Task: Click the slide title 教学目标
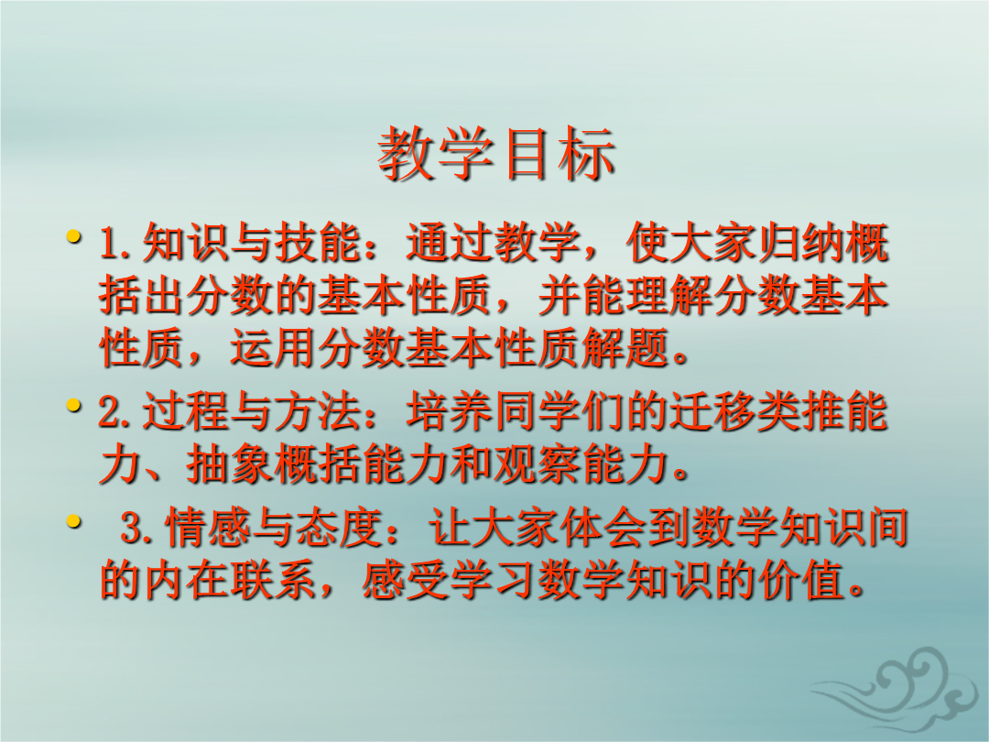pyautogui.click(x=495, y=153)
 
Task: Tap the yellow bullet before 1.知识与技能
pyautogui.click(x=74, y=237)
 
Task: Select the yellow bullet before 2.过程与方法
pyautogui.click(x=74, y=405)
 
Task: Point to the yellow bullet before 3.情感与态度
pyautogui.click(x=74, y=521)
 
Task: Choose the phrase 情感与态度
pyautogui.click(x=274, y=527)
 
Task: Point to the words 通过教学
pyautogui.click(x=494, y=243)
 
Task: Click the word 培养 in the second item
pyautogui.click(x=450, y=410)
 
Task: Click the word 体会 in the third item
pyautogui.click(x=603, y=527)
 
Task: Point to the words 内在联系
pyautogui.click(x=231, y=580)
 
